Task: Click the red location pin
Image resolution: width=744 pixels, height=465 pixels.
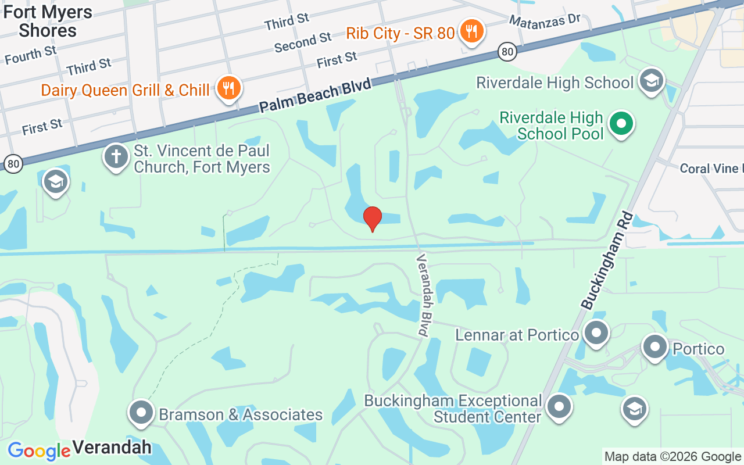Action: tap(372, 219)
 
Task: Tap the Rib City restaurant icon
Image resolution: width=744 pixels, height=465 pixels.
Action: tap(471, 31)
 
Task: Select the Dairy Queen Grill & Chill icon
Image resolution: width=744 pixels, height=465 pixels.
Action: tap(228, 88)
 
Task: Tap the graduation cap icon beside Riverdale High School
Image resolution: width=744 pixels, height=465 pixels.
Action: tap(651, 81)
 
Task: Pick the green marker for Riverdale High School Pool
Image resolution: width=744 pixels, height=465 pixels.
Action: tap(621, 124)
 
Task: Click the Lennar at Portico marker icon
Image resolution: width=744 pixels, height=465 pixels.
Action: tap(596, 334)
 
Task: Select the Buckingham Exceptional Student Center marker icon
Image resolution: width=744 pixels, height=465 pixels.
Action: tap(559, 407)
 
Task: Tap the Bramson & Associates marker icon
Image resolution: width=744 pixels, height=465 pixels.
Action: tap(141, 413)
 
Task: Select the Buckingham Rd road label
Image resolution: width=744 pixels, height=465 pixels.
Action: tap(606, 259)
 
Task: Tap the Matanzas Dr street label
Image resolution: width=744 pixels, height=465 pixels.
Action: tap(545, 20)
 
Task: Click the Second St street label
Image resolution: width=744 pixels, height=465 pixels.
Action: tap(303, 42)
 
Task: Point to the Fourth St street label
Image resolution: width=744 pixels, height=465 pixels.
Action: tap(31, 55)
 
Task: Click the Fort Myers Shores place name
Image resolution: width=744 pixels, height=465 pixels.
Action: tap(48, 21)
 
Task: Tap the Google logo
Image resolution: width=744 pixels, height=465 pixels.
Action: tap(39, 451)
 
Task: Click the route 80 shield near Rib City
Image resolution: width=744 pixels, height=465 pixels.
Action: tap(507, 52)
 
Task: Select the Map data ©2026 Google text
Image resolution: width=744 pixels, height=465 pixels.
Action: tap(673, 457)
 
